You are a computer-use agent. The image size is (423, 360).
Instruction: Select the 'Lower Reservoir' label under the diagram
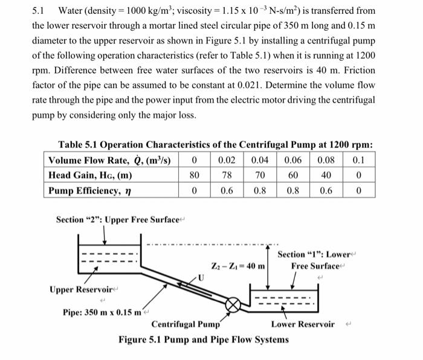[303, 324]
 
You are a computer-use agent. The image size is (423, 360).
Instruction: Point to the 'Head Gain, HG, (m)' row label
[91, 175]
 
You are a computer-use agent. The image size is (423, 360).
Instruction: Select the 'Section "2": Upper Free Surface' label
[117, 219]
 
